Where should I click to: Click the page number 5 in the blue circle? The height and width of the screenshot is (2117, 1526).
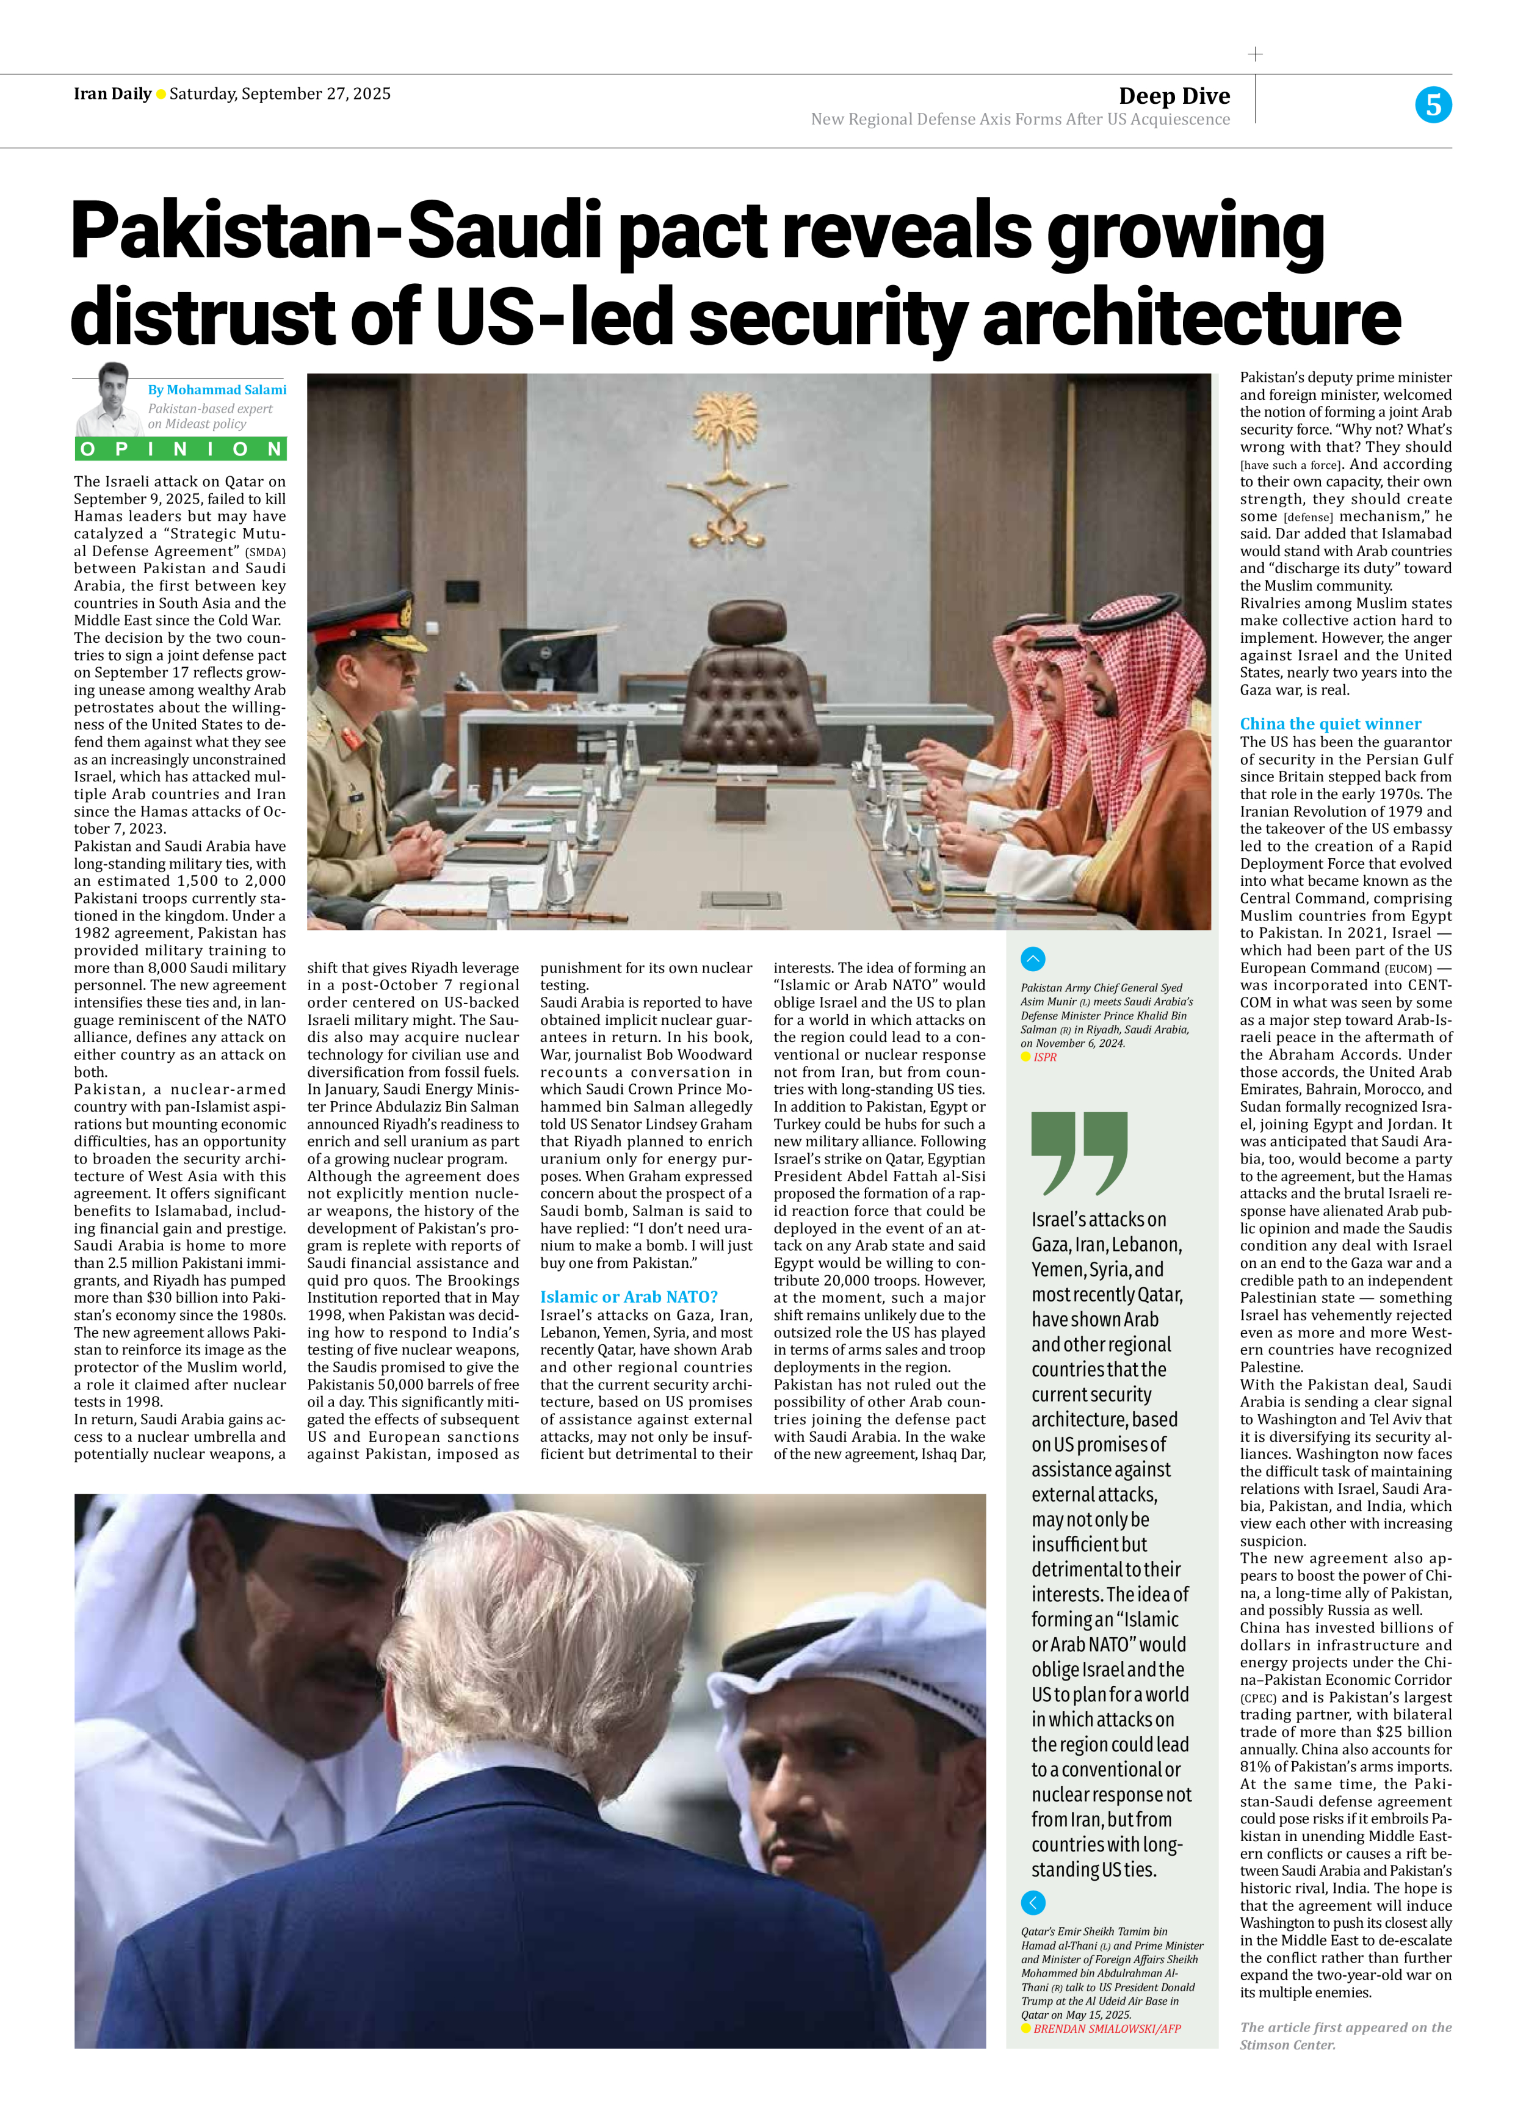click(x=1433, y=104)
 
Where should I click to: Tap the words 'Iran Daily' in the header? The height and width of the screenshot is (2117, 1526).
click(x=112, y=93)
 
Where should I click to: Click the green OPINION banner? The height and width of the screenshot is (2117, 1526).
click(x=180, y=449)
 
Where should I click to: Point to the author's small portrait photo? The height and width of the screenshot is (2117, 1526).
click(x=110, y=399)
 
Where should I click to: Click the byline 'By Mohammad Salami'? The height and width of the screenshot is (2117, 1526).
click(x=217, y=389)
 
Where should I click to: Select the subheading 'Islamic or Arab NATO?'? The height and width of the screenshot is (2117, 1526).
click(x=628, y=1297)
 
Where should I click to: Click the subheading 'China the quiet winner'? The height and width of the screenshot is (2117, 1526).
click(x=1330, y=723)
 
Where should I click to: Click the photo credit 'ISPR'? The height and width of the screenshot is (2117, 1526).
click(x=1044, y=1057)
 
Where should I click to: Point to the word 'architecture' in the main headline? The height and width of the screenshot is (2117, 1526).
click(x=1191, y=317)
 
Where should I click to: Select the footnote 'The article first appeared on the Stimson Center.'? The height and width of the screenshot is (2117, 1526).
click(x=1345, y=2036)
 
